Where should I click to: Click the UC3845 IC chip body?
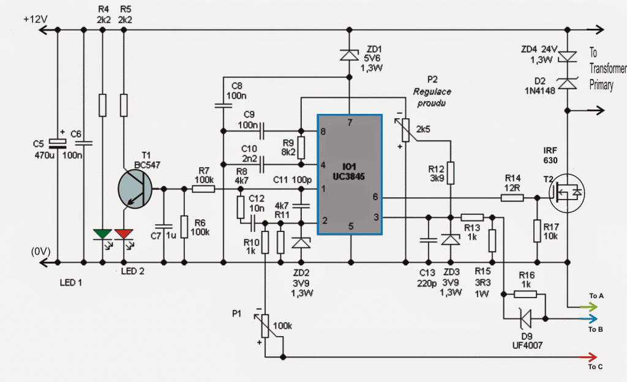coord(350,174)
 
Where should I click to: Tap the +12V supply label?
coord(36,18)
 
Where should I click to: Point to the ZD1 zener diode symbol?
coord(350,55)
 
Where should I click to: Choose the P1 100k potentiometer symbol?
coord(265,324)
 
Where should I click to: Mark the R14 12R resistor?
coord(512,198)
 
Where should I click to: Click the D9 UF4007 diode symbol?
coord(524,319)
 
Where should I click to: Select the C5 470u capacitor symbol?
coord(58,143)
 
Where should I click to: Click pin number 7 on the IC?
coord(350,123)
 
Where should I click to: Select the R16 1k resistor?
coord(525,294)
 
